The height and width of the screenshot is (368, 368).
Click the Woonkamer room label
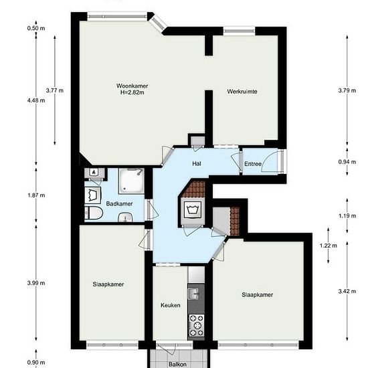pyautogui.click(x=132, y=86)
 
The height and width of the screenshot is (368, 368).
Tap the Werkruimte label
pyautogui.click(x=242, y=91)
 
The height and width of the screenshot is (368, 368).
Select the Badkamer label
pyautogui.click(x=120, y=203)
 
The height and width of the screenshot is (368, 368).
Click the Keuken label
pyautogui.click(x=171, y=305)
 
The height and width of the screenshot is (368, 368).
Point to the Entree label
pyautogui.click(x=253, y=164)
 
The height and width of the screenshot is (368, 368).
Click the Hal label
pyautogui.click(x=197, y=163)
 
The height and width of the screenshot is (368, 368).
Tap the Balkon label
pyautogui.click(x=178, y=364)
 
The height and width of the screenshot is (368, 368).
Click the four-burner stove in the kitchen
pyautogui.click(x=197, y=325)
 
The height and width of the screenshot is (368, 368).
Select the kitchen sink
pyautogui.click(x=193, y=294)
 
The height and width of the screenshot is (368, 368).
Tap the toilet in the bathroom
pyautogui.click(x=94, y=213)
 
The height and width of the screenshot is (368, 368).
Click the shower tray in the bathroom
pyautogui.click(x=131, y=181)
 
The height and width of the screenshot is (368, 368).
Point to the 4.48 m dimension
pyautogui.click(x=36, y=100)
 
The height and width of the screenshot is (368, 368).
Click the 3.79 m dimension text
pyautogui.click(x=347, y=90)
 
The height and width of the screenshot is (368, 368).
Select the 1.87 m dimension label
pyautogui.click(x=36, y=195)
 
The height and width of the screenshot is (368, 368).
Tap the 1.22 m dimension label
pyautogui.click(x=328, y=246)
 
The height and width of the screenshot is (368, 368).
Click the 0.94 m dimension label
pyautogui.click(x=347, y=162)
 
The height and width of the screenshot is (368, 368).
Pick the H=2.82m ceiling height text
pyautogui.click(x=132, y=92)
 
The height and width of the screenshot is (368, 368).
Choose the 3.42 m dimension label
pyautogui.click(x=347, y=291)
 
